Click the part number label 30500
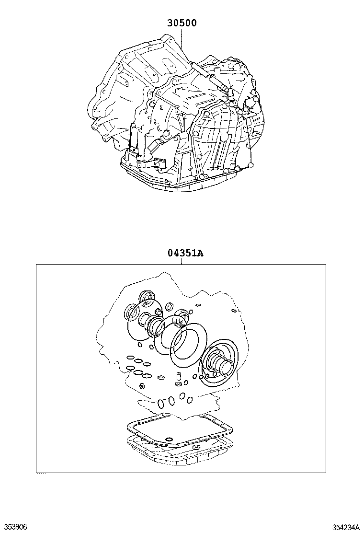pyautogui.click(x=182, y=23)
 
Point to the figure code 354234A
pyautogui.click(x=346, y=527)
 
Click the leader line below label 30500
pyautogui.click(x=182, y=40)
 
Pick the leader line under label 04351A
pyautogui.click(x=182, y=261)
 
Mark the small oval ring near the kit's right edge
pyautogui.click(x=233, y=310)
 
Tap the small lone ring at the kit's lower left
pyautogui.click(x=142, y=386)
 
